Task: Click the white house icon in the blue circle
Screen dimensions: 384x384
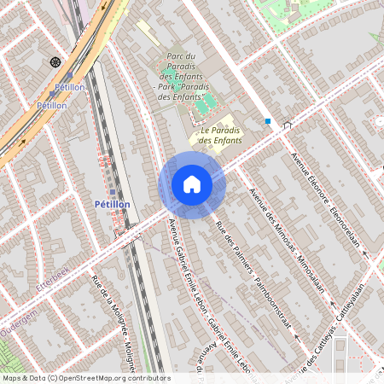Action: pos(191,183)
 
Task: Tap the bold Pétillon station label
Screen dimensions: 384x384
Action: pos(112,205)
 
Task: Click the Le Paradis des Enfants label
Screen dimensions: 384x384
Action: pos(219,135)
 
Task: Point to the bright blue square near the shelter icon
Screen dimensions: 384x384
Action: pos(268,121)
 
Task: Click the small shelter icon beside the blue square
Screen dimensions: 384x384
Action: pos(287,125)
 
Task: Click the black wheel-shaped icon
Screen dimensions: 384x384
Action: pos(56,61)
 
